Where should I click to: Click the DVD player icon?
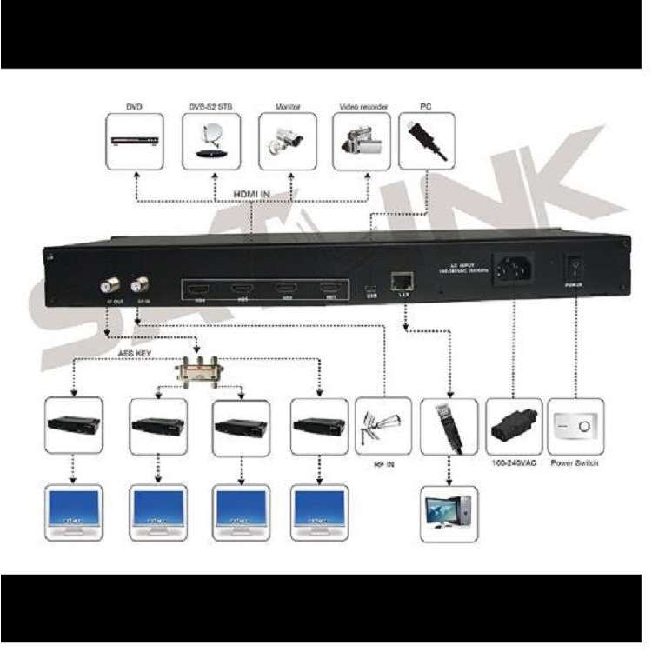pyautogui.click(x=134, y=141)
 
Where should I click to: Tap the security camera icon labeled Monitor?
pyautogui.click(x=287, y=139)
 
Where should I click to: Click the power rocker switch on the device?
pyautogui.click(x=573, y=265)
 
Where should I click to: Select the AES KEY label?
pyautogui.click(x=136, y=355)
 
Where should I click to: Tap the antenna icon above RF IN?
pyautogui.click(x=383, y=425)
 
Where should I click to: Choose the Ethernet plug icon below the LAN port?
pyautogui.click(x=449, y=425)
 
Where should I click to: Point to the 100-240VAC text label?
pyautogui.click(x=515, y=463)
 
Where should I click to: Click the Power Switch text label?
pyautogui.click(x=575, y=463)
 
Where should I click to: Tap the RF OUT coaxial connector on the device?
pyautogui.click(x=110, y=284)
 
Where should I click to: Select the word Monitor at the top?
pyautogui.click(x=288, y=106)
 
